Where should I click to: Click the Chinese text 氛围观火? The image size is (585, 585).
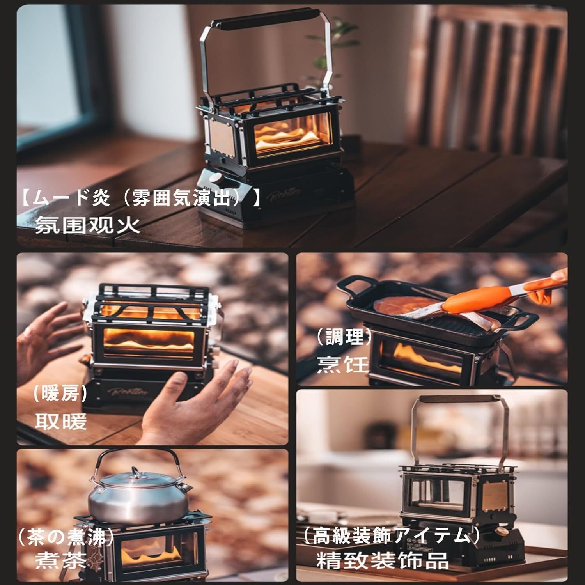[87, 225]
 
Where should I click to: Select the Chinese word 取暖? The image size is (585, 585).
[60, 421]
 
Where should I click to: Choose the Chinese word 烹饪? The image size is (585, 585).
[342, 365]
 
